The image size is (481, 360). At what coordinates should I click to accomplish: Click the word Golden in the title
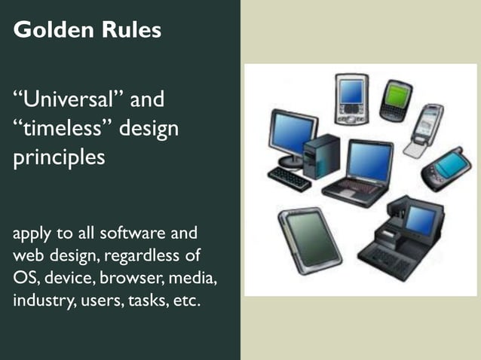pos(47,31)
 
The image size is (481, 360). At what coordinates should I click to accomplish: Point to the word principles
pos(59,159)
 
